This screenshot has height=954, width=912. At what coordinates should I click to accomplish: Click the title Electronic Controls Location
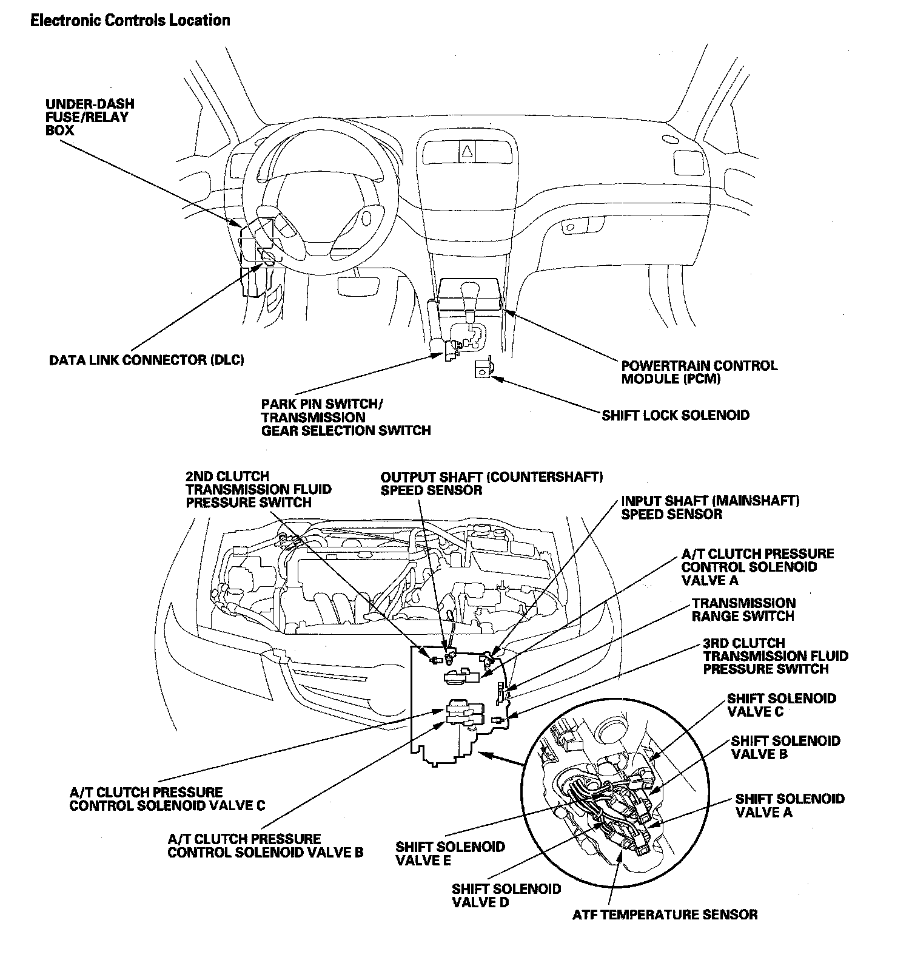tap(130, 21)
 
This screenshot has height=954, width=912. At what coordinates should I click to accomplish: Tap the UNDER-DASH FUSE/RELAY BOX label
tap(90, 117)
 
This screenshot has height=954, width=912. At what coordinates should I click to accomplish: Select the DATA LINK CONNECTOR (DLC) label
tap(146, 360)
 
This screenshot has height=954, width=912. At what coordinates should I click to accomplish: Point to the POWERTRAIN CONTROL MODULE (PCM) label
tap(699, 372)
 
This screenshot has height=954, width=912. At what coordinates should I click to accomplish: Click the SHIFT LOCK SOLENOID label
tap(675, 416)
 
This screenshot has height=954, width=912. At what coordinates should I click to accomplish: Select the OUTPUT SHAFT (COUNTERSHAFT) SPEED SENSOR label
tap(491, 483)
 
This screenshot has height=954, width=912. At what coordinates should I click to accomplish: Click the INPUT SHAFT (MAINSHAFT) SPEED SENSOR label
tap(709, 507)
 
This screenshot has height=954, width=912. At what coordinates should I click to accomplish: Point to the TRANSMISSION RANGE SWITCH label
tap(743, 609)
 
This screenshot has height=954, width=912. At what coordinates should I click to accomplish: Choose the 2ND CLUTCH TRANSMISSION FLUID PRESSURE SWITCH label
tap(258, 489)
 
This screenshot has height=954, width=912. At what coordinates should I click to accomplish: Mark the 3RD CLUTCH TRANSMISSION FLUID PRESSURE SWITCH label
tap(776, 656)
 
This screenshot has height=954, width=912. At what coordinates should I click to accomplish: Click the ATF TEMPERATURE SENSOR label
tap(665, 915)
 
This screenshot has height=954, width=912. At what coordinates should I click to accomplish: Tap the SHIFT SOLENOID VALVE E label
tap(450, 853)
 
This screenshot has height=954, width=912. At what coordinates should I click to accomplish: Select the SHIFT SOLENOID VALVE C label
tap(781, 705)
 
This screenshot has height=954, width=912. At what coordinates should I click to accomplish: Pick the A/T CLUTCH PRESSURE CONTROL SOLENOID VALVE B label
tap(265, 845)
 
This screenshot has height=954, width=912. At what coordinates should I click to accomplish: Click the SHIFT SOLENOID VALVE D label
tap(506, 895)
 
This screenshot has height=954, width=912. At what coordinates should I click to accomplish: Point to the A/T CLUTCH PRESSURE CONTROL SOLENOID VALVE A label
tap(757, 567)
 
